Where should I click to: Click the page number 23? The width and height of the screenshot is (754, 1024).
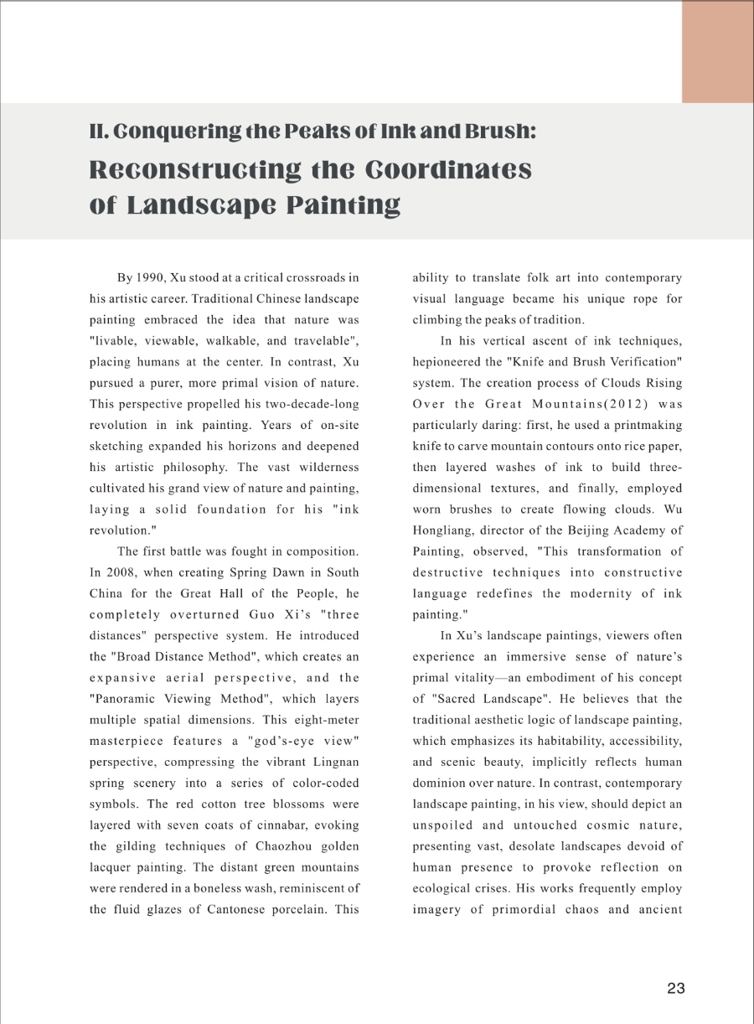676,988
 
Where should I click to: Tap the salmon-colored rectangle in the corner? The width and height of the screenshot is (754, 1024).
717,52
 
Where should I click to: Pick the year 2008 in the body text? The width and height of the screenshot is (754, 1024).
122,572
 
